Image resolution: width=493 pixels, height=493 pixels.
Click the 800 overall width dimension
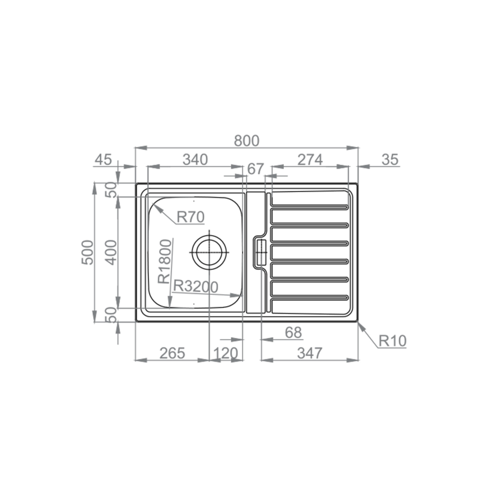[246, 141]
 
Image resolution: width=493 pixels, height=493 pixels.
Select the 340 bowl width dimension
[195, 160]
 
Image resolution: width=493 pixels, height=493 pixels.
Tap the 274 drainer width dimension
[310, 160]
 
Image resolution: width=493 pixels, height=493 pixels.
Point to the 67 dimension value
[255, 169]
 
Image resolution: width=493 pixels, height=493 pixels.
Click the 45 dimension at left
[103, 160]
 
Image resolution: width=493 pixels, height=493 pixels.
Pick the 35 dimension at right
[390, 160]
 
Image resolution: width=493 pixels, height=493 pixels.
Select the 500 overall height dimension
[88, 252]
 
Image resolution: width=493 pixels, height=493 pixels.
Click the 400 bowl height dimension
[111, 252]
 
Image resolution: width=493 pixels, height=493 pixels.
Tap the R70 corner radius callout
[191, 217]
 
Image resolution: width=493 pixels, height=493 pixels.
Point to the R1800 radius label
[165, 262]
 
